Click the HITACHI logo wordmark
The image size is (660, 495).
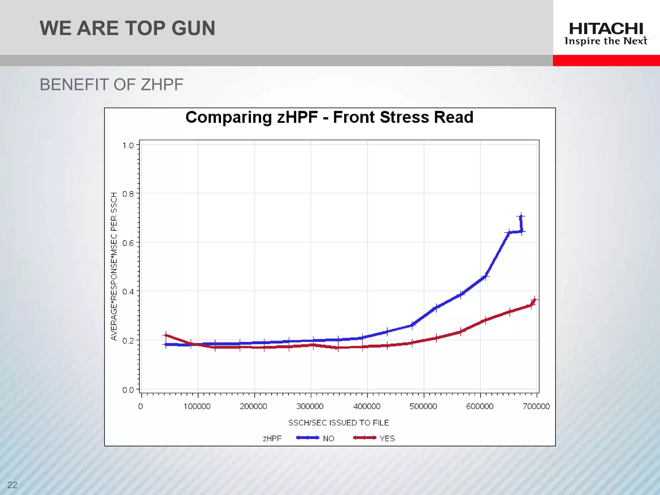tap(606, 29)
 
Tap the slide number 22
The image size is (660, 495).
tap(12, 485)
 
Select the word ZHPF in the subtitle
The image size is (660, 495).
tap(162, 85)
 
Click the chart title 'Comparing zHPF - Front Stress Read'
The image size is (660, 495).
tap(329, 117)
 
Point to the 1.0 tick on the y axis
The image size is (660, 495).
tap(128, 145)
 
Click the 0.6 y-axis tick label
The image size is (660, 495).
tap(128, 243)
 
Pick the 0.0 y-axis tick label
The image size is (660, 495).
tap(128, 390)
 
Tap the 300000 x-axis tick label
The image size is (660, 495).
tap(310, 406)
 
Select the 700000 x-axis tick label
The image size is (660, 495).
tap(536, 406)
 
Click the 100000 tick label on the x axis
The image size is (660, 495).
tap(197, 406)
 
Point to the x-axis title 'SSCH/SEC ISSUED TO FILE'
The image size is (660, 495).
tap(338, 423)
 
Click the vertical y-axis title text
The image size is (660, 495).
tap(114, 266)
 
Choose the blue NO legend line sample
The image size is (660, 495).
tap(307, 438)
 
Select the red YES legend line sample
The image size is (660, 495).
tap(364, 438)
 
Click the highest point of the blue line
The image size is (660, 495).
tap(521, 216)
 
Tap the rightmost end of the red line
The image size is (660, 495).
tap(535, 300)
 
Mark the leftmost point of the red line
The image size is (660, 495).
tap(166, 335)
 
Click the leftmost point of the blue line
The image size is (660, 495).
tap(166, 345)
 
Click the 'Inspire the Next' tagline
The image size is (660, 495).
tap(606, 41)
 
